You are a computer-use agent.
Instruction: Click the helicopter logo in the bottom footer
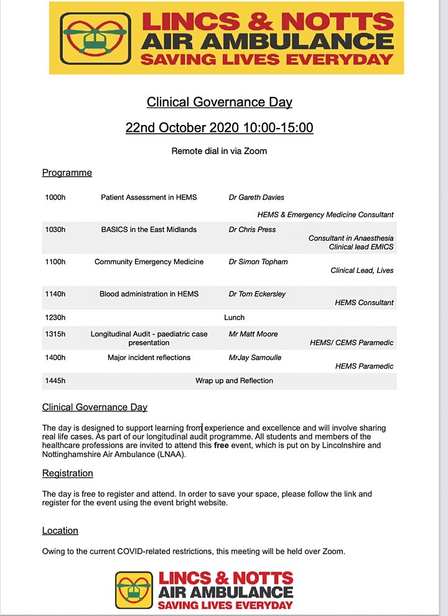click(x=134, y=590)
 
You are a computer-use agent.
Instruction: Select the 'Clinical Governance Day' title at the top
click(x=219, y=102)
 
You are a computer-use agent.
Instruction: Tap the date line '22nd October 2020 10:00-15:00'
click(x=219, y=128)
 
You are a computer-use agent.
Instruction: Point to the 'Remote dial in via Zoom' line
click(x=219, y=151)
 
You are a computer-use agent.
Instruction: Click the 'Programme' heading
click(x=67, y=173)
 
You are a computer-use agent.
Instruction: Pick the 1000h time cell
click(x=55, y=198)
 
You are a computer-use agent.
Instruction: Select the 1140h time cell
click(x=55, y=294)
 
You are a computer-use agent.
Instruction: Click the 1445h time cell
click(x=55, y=380)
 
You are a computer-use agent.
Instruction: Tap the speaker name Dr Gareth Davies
click(x=256, y=198)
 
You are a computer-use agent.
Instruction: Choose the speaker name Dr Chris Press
click(x=252, y=229)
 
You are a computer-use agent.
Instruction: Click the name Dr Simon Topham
click(x=258, y=262)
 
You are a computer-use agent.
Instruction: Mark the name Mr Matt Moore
click(x=253, y=334)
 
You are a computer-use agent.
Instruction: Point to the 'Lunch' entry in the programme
click(x=234, y=318)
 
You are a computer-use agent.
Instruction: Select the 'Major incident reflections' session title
click(x=149, y=357)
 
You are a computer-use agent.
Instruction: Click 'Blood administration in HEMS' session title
click(x=149, y=294)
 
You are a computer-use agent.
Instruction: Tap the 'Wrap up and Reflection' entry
click(x=234, y=380)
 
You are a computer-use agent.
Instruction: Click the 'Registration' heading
click(x=68, y=473)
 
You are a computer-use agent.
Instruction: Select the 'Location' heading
click(x=60, y=531)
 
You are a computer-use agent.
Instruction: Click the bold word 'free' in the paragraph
click(x=222, y=446)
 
